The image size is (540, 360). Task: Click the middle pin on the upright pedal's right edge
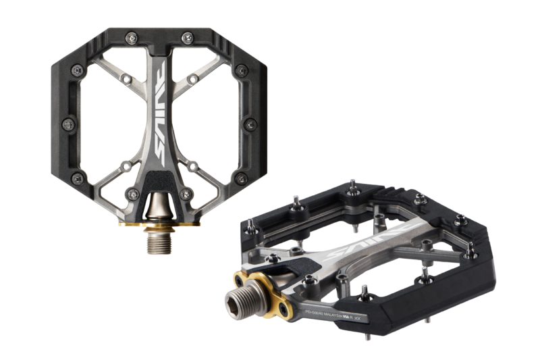tap(252, 124)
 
